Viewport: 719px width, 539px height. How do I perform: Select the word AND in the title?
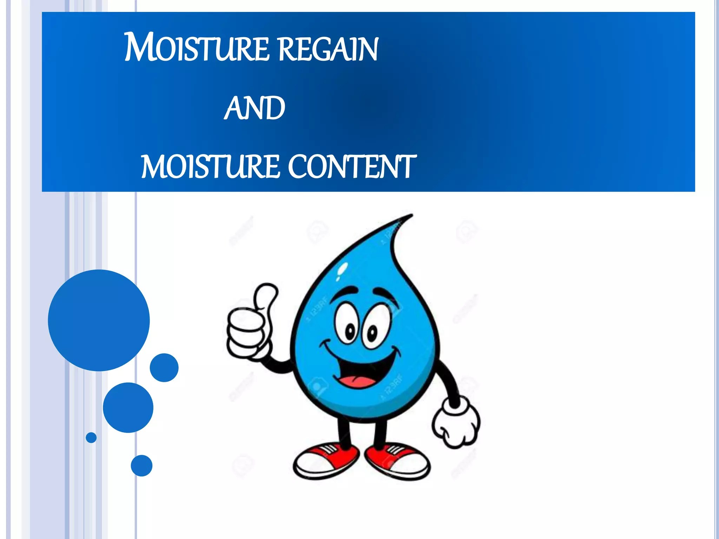[x=255, y=108]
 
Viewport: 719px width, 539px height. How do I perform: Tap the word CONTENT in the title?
[x=352, y=167]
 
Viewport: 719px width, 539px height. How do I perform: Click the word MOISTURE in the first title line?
[x=197, y=48]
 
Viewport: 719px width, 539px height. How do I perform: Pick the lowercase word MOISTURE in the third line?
[x=211, y=167]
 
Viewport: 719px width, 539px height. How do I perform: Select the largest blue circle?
[x=99, y=320]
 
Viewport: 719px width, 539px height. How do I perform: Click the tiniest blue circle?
[x=91, y=438]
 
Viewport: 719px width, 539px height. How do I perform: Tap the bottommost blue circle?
[x=141, y=465]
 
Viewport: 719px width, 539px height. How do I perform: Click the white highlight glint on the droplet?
[x=342, y=270]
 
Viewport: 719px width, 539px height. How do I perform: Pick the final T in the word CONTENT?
[x=407, y=167]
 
